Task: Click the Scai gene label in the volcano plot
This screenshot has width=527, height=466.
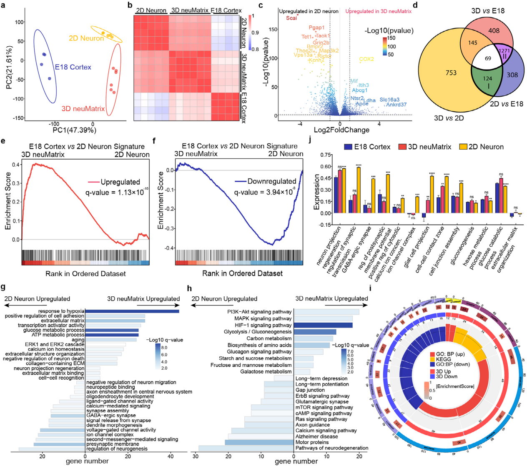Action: [291, 18]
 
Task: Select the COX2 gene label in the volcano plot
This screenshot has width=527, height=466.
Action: [366, 59]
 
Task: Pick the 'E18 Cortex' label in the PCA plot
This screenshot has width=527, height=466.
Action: [73, 67]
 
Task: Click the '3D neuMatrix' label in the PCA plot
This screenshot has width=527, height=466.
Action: [83, 109]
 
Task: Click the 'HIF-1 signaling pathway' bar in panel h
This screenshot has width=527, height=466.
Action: [323, 325]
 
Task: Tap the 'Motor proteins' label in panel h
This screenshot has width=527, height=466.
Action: [312, 442]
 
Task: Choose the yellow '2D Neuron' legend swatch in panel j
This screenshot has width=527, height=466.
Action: [463, 147]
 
